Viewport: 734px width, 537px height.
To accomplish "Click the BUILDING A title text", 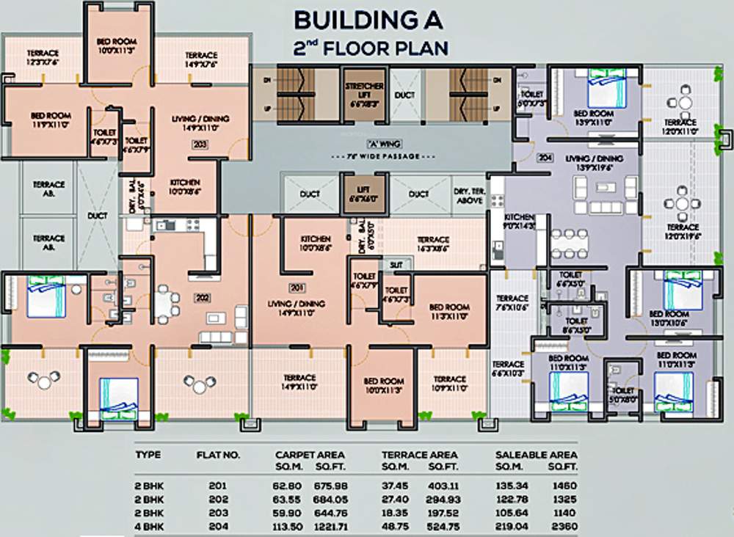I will [x=368, y=20].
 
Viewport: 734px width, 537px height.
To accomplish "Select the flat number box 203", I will [x=200, y=144].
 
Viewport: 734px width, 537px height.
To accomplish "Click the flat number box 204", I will [x=544, y=157].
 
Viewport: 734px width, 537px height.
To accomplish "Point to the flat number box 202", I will [x=201, y=298].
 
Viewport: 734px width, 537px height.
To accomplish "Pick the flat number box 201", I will [x=297, y=286].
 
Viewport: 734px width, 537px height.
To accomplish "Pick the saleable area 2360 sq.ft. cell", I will [x=562, y=527].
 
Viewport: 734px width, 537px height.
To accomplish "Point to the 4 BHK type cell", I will [x=150, y=527].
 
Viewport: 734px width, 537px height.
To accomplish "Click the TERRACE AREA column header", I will [x=419, y=455].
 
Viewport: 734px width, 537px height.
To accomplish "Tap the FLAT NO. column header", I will [x=218, y=455].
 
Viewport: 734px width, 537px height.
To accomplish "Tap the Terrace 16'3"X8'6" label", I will [x=433, y=244].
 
